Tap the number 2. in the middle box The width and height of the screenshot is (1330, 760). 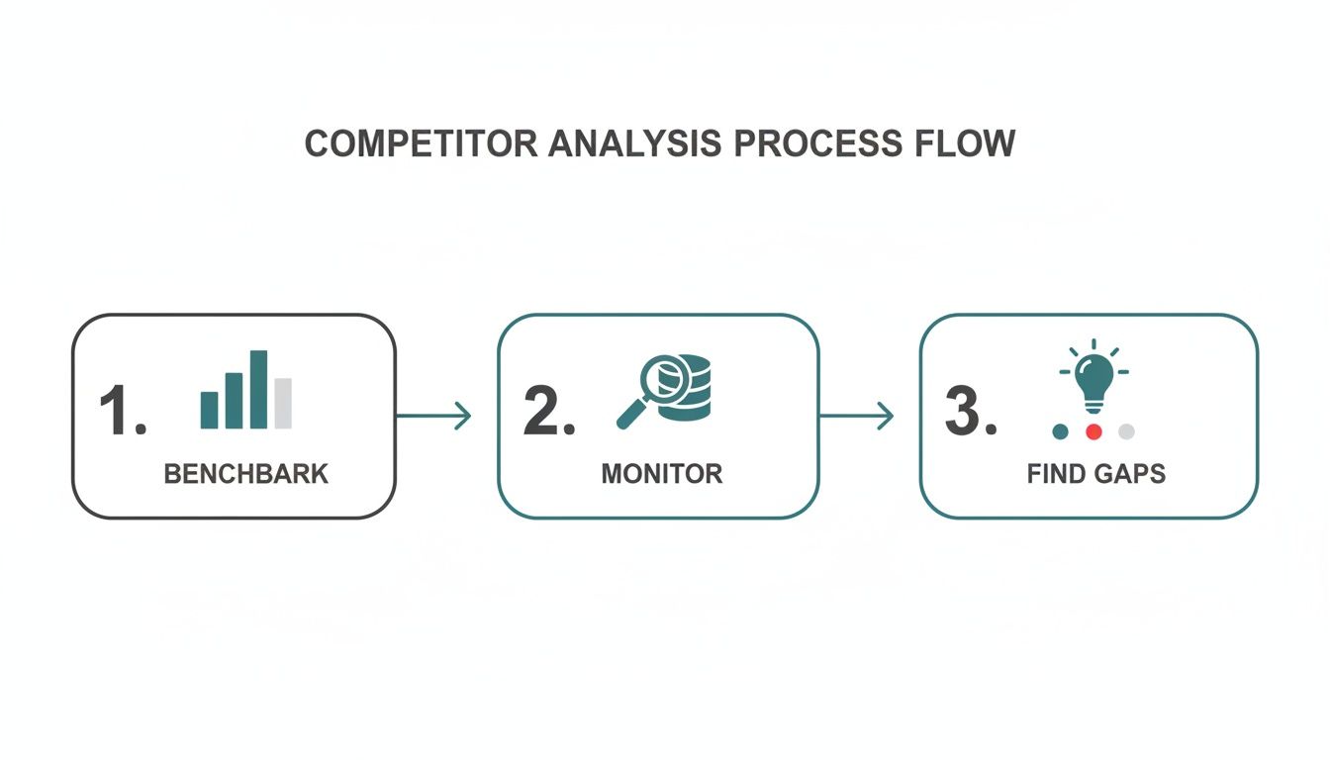[x=548, y=413]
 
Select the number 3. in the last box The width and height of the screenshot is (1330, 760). [x=970, y=413]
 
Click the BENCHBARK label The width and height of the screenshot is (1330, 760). [x=245, y=474]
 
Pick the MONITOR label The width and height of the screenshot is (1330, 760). [x=661, y=474]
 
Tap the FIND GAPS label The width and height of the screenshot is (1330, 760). [x=1096, y=474]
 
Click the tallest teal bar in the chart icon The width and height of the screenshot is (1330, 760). [x=258, y=389]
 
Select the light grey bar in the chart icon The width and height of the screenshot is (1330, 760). [x=284, y=403]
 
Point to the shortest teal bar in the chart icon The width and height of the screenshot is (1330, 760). [x=210, y=410]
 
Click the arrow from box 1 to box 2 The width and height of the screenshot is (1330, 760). [x=433, y=417]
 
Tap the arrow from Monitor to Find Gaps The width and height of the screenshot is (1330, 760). [x=857, y=417]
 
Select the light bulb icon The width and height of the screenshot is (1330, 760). [x=1093, y=381]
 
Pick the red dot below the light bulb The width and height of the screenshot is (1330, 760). [x=1093, y=431]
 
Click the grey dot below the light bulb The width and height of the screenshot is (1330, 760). [x=1126, y=431]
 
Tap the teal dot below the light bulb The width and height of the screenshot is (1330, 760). [x=1061, y=431]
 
